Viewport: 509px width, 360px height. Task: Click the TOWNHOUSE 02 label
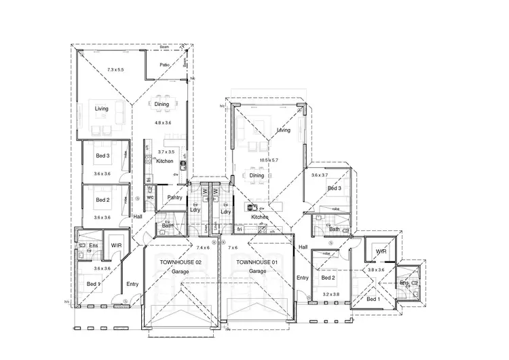pyautogui.click(x=181, y=262)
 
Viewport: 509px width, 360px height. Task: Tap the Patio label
pyautogui.click(x=164, y=65)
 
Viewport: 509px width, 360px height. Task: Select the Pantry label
pyautogui.click(x=175, y=198)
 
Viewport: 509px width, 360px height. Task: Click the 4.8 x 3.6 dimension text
pyautogui.click(x=164, y=122)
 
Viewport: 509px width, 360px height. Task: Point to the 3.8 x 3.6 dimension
pyautogui.click(x=375, y=270)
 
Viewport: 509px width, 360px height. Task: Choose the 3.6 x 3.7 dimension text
pyautogui.click(x=319, y=175)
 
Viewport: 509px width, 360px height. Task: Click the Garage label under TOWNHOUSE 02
pyautogui.click(x=181, y=271)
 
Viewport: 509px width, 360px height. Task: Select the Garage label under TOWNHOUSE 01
pyautogui.click(x=257, y=271)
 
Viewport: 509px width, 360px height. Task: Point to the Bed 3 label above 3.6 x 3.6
pyautogui.click(x=102, y=156)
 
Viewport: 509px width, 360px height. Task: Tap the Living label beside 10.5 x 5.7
pyautogui.click(x=284, y=129)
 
